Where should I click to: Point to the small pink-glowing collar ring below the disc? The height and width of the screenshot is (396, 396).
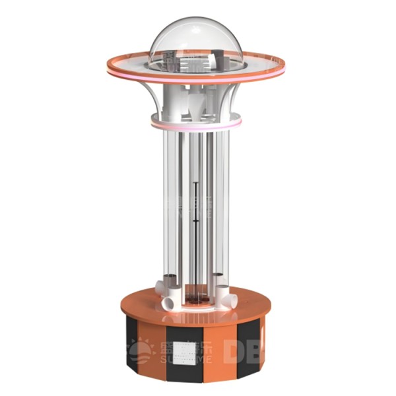point(196,123)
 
